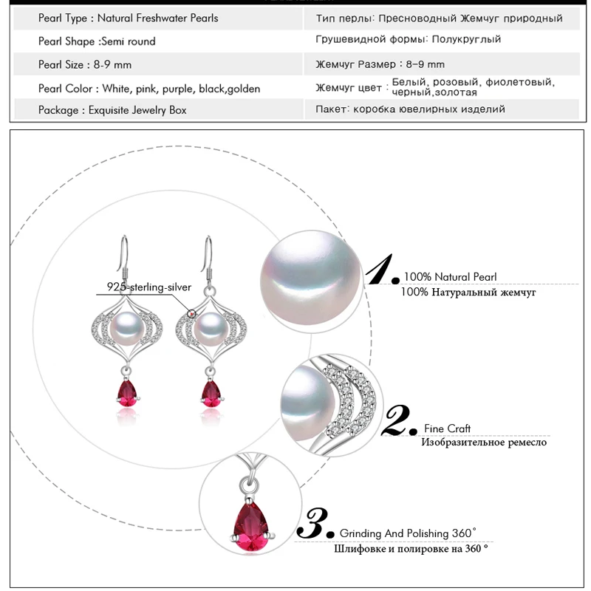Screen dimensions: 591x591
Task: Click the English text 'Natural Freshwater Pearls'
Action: pyautogui.click(x=157, y=18)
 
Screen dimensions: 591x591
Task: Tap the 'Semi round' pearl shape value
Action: pyautogui.click(x=128, y=41)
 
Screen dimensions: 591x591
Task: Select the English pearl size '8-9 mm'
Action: pyautogui.click(x=112, y=65)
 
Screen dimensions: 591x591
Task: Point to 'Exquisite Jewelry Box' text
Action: pyautogui.click(x=137, y=110)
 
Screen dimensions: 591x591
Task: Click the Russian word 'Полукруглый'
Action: pyautogui.click(x=466, y=39)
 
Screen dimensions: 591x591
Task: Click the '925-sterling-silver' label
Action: pyautogui.click(x=149, y=287)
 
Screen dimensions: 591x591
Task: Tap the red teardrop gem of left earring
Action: pyautogui.click(x=127, y=394)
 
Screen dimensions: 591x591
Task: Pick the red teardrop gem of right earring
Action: pyautogui.click(x=211, y=394)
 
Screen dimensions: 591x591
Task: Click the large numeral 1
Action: pyautogui.click(x=380, y=269)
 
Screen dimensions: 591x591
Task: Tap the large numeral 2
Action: pyautogui.click(x=397, y=420)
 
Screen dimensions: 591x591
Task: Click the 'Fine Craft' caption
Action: pyautogui.click(x=448, y=428)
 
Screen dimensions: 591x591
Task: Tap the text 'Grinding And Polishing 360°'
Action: pyautogui.click(x=408, y=533)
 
